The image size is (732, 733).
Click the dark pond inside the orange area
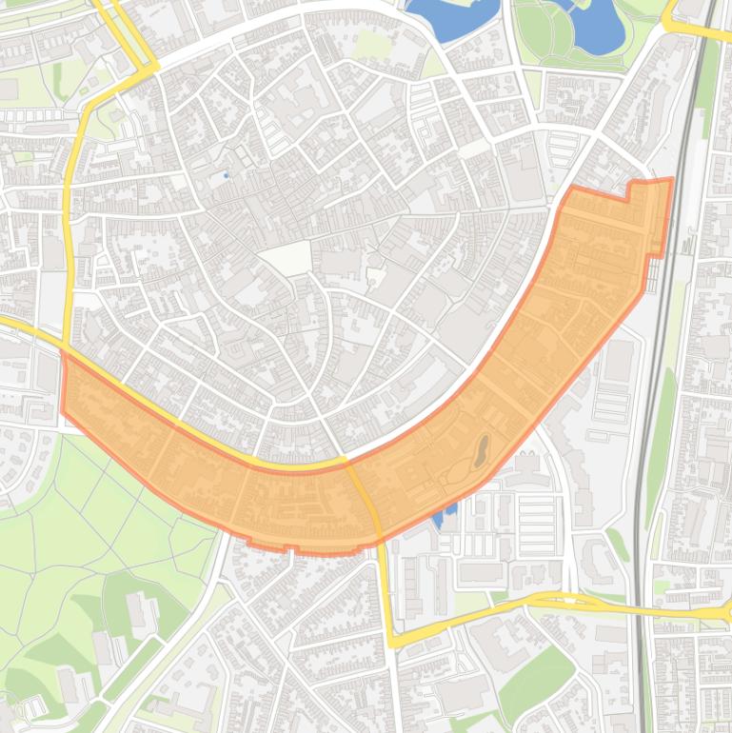coord(482,449)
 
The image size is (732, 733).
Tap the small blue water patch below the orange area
coord(442,516)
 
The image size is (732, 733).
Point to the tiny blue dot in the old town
coord(226,175)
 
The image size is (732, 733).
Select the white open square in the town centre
coord(287,258)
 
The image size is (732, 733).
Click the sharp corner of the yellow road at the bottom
coord(391,642)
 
